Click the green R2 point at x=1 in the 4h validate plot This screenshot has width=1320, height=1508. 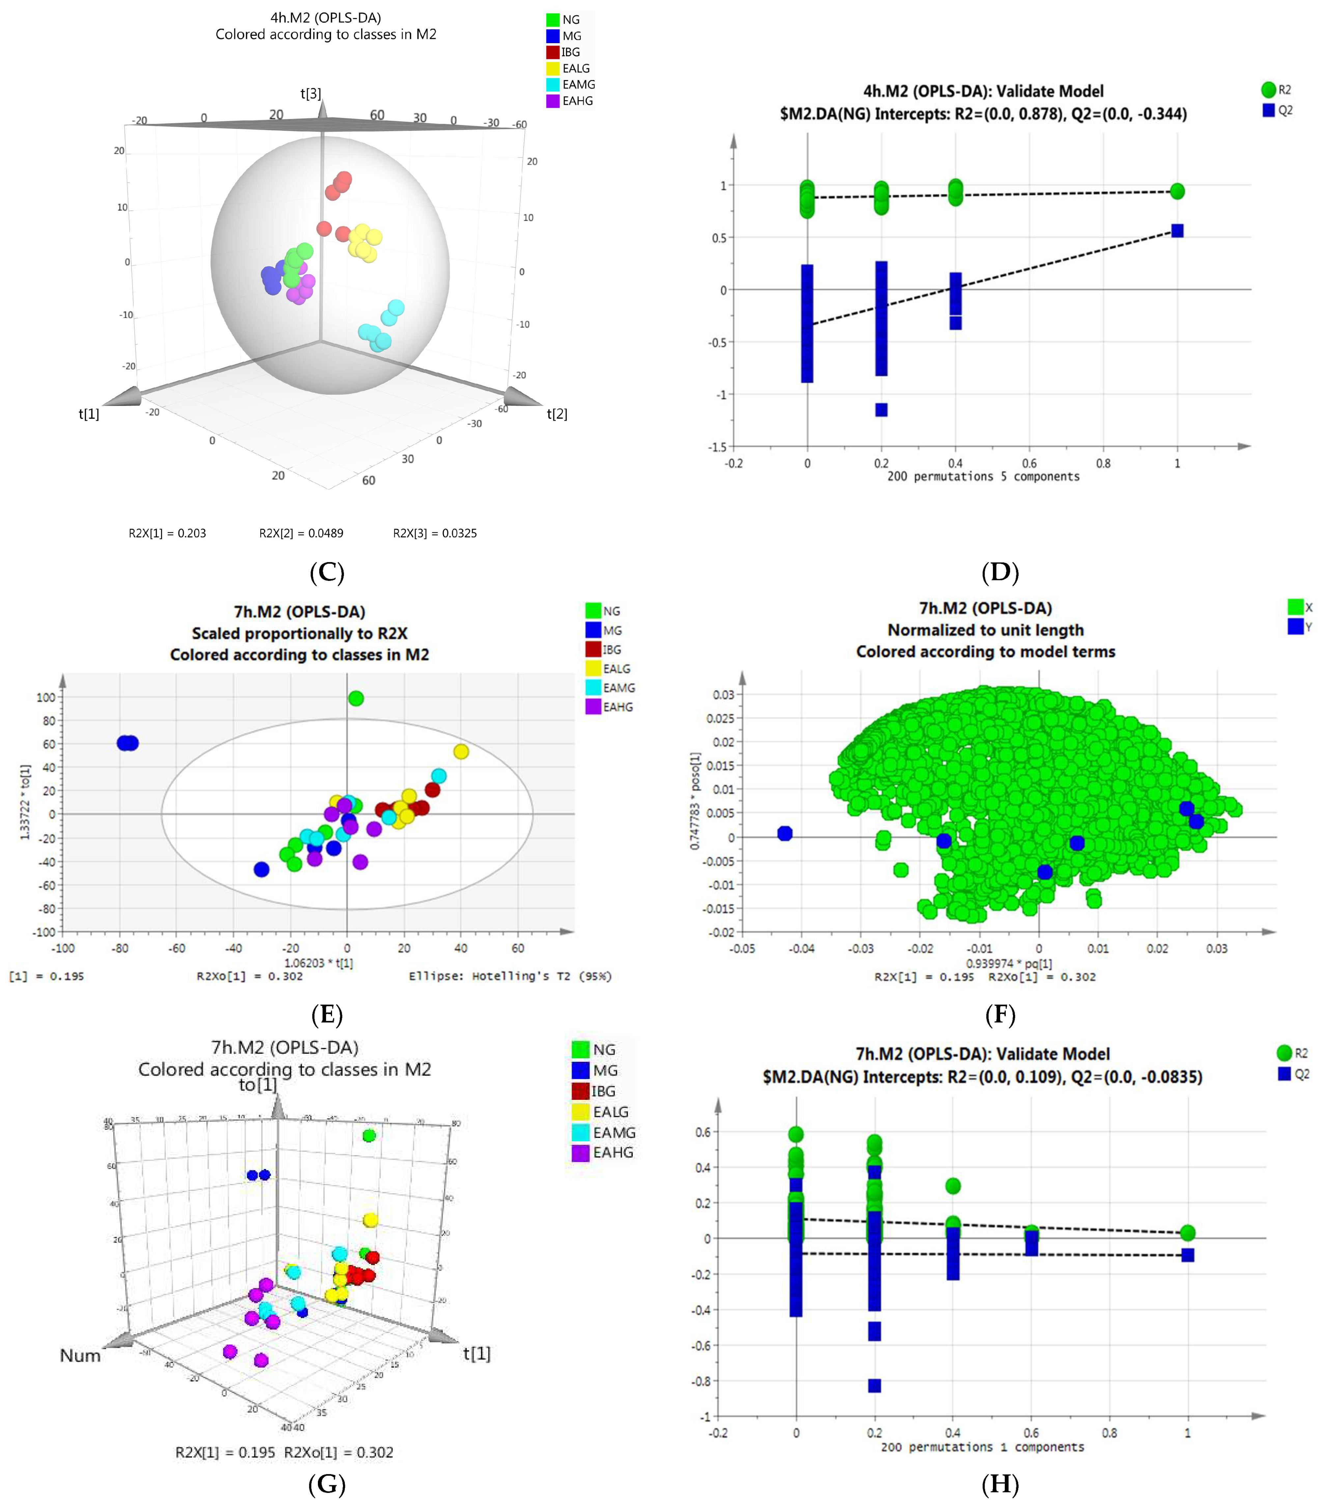tap(1177, 191)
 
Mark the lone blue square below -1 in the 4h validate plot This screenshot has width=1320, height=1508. tap(881, 410)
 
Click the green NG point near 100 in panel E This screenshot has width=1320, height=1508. tap(356, 698)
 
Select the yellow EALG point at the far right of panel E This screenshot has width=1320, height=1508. tap(461, 752)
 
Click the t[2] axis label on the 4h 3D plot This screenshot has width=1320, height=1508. tap(557, 414)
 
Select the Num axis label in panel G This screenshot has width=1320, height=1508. tap(80, 1355)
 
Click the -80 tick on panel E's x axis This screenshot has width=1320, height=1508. tap(120, 948)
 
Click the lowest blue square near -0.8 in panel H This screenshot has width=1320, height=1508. tap(874, 1386)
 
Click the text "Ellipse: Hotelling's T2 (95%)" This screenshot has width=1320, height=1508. tap(510, 976)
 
